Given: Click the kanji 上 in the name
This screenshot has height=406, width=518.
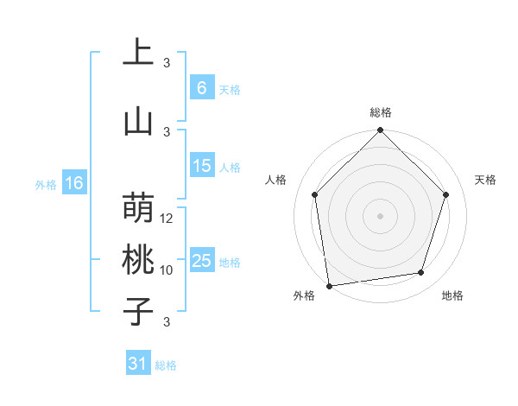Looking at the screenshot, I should click(138, 54).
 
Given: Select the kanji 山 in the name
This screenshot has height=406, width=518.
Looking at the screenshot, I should click(138, 122).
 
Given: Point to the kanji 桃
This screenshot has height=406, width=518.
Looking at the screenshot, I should click(138, 261).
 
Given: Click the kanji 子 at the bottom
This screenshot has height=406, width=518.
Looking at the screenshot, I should click(138, 311).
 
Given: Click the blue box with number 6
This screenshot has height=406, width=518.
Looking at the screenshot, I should click(202, 88).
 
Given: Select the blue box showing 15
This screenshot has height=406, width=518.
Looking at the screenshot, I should click(202, 166).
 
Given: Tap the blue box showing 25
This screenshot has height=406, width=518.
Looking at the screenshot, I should click(202, 261).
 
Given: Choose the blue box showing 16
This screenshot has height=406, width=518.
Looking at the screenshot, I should click(74, 183).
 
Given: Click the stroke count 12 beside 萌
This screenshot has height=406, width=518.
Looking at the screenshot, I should click(167, 219).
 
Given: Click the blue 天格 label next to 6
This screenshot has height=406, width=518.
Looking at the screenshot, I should click(230, 89).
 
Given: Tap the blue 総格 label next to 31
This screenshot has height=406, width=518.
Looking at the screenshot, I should click(166, 365).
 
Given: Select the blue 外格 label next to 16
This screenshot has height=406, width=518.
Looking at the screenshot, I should click(46, 184).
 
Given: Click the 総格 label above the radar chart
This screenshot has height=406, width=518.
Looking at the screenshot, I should click(381, 112).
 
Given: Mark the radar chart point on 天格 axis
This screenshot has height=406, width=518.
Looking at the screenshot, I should click(446, 194).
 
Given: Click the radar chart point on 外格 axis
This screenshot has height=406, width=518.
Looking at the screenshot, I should click(329, 285).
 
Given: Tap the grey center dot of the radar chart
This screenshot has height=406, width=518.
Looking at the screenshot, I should click(381, 215).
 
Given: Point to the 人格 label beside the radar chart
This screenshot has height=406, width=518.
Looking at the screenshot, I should click(277, 180).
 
